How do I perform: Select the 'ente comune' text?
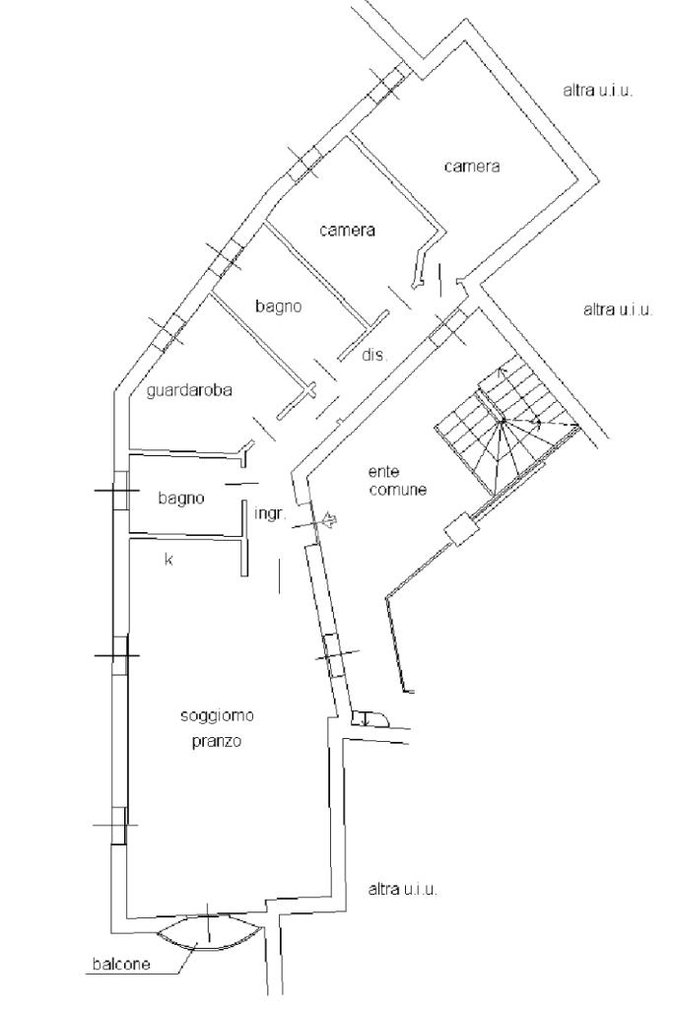397,481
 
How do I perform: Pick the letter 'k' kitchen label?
168,560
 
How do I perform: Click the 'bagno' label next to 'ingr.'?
181,499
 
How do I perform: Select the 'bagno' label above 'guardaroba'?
278,306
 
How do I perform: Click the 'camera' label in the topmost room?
471,167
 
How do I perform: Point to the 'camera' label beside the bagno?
348,231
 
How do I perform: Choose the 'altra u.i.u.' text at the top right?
597,90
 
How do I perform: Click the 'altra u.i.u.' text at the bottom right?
402,889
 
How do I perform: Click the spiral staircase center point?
502,421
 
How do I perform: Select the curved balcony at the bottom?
209,932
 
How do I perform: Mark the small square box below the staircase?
459,531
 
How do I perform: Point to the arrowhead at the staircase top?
502,370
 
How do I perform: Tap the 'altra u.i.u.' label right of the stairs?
618,309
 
